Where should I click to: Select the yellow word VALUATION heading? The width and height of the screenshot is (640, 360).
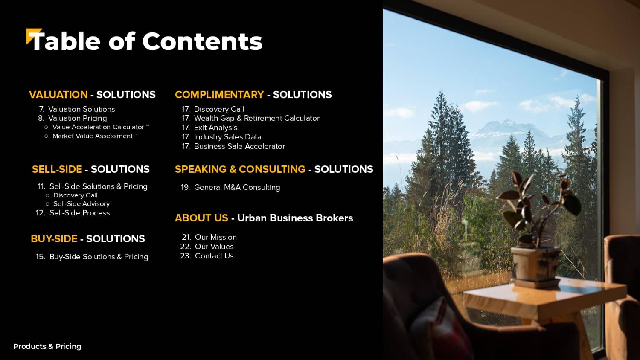point(58,95)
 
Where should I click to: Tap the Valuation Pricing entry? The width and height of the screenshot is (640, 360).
point(77,118)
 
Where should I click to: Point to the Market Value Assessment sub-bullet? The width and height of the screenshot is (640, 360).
point(92,136)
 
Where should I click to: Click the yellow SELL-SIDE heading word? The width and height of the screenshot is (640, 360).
point(57,169)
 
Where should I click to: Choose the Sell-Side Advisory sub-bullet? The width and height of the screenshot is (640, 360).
point(81,204)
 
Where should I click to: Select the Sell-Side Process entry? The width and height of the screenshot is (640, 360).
point(79,213)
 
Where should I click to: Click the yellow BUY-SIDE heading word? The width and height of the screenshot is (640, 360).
point(54,239)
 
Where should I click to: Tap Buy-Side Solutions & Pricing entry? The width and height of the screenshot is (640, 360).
point(99,257)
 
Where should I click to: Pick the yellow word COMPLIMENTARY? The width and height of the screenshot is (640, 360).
point(219,95)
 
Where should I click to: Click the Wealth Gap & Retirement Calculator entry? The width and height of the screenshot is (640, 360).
point(256,118)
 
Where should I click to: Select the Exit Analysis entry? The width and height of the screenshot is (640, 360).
point(216,128)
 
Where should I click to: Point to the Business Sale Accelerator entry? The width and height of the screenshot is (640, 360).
point(239,146)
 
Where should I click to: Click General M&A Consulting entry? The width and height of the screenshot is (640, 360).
point(237,187)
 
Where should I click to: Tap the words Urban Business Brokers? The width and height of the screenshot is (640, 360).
point(295,218)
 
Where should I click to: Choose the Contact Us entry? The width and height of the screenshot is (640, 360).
point(214,256)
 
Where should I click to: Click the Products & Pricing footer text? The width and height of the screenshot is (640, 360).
point(47,346)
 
